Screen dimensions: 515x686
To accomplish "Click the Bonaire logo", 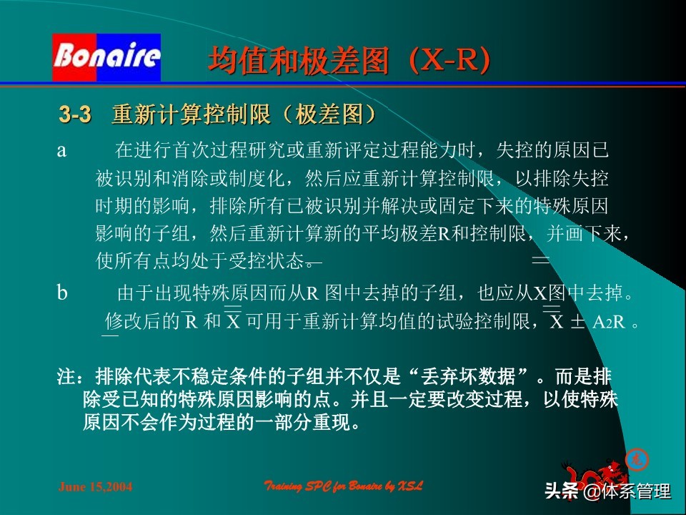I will coord(106,57).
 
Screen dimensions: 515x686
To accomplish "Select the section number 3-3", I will coord(75,114).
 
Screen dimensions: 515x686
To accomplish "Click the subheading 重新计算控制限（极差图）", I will coord(244,114).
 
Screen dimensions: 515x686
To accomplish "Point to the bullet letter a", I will coord(62,150).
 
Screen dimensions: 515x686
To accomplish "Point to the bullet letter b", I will coord(62,293).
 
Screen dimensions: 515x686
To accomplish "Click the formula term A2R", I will coord(609,322).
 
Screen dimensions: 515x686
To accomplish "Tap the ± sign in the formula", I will coord(577,322).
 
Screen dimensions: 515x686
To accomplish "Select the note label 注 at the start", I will coord(65,376).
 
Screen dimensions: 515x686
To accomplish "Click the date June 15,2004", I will coord(95,487).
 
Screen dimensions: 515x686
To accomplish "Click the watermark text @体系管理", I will coord(627,491).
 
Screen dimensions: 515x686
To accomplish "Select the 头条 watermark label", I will coord(562,491).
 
